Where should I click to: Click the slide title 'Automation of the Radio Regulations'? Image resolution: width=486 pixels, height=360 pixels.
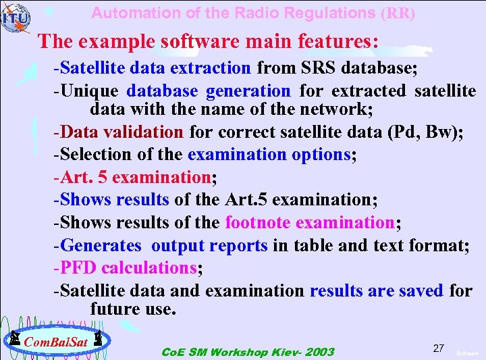[234, 13]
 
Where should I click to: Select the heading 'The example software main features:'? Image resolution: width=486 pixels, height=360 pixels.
[208, 41]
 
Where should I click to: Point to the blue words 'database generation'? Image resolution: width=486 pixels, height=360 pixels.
[209, 91]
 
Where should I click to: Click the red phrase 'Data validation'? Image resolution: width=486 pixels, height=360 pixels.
[122, 132]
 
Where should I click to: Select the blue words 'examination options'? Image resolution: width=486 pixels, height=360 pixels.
[269, 154]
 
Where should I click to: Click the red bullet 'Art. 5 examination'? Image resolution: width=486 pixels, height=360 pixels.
[136, 177]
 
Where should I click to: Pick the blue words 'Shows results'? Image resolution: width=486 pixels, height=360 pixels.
[115, 200]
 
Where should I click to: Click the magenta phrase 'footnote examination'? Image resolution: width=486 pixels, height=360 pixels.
[310, 222]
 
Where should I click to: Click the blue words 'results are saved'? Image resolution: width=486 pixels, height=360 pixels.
[377, 290]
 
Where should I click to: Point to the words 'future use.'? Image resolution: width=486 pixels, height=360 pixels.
[133, 309]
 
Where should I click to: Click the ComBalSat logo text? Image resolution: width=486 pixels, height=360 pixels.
[56, 342]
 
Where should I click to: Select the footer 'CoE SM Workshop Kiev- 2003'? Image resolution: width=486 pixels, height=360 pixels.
[248, 352]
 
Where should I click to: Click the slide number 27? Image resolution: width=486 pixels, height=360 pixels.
[439, 348]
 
